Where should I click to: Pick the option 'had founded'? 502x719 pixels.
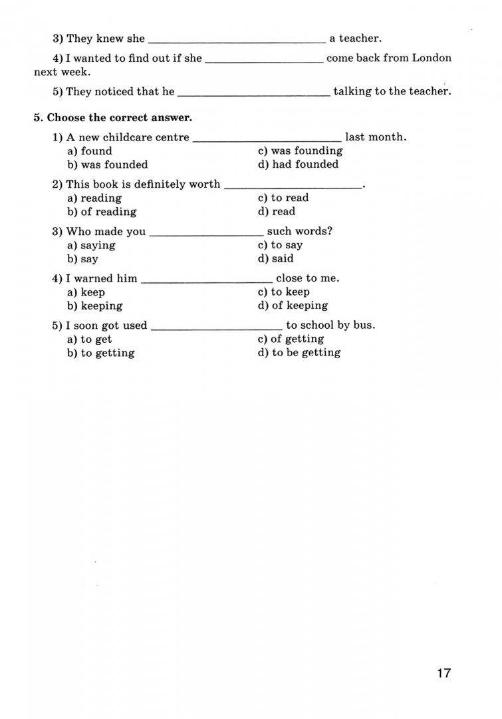(305, 164)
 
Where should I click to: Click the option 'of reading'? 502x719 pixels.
(108, 212)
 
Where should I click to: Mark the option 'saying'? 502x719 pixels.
(98, 245)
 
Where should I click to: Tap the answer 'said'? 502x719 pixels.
(282, 258)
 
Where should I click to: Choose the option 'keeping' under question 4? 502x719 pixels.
(102, 306)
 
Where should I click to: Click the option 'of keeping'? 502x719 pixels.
(299, 306)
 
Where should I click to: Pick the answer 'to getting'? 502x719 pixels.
(107, 353)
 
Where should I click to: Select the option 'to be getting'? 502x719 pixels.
(306, 353)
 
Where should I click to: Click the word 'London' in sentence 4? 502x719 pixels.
(432, 58)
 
